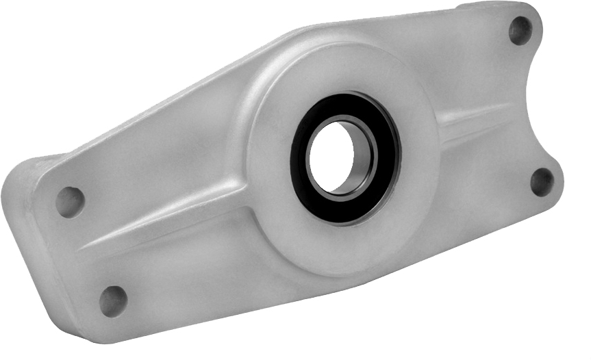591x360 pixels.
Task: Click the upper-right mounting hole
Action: [520, 30]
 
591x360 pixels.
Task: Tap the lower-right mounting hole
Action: [542, 181]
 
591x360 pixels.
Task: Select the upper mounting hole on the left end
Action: [70, 201]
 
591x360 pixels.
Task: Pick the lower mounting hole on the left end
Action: [112, 299]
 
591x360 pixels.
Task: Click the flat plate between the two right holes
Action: [520, 103]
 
